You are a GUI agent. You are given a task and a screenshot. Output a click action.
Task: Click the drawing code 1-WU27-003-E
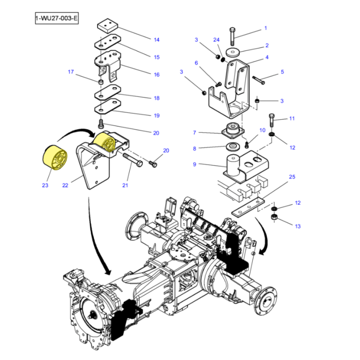coord(57,19)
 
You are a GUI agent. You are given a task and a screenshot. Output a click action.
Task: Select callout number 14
coord(157,40)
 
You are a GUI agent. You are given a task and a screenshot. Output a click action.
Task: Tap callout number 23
coord(45,185)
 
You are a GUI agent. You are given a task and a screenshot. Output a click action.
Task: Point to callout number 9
coord(194,164)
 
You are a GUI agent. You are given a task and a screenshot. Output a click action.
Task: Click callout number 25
coord(292,177)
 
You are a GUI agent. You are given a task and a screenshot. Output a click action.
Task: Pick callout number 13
coord(297,226)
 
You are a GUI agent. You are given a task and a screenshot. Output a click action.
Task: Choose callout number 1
coord(265,28)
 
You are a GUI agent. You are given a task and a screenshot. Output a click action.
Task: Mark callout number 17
coord(71,72)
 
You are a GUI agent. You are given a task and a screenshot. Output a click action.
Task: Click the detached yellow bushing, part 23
coord(54,159)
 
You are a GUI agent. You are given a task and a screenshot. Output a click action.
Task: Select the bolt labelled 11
coord(271,121)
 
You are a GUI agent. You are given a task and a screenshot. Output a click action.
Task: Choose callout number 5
coord(282,72)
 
